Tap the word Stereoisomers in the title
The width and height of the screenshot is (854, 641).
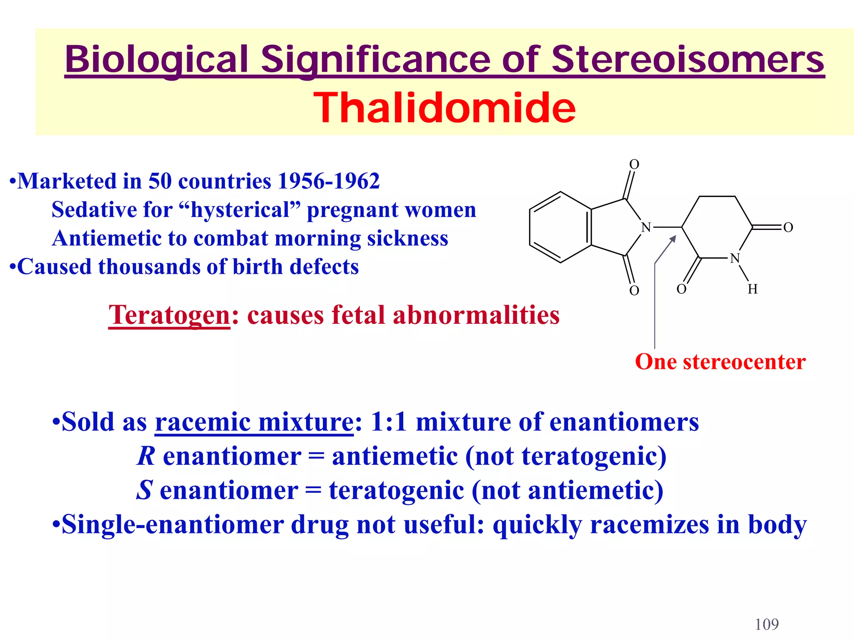pos(688,59)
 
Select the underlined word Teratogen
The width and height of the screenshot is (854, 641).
pos(169,315)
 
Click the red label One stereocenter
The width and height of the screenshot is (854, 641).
pos(720,362)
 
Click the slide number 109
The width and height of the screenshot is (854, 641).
pos(766,625)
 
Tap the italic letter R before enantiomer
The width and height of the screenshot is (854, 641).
pos(146,456)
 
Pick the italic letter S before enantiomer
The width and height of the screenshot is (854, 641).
pos(145,490)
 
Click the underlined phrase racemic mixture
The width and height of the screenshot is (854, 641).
pos(254,422)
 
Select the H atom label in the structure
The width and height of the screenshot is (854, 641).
pos(752,289)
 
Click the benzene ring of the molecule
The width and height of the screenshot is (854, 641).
pos(560,227)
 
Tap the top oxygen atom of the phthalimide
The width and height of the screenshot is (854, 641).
pos(634,164)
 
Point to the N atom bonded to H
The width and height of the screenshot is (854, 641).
pos(735,258)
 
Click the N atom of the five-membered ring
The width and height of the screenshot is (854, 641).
pos(646,227)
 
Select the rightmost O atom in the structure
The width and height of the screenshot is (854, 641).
pos(788,227)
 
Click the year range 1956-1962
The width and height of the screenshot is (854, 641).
pos(329,182)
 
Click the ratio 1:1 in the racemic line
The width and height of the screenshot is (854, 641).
pos(389,422)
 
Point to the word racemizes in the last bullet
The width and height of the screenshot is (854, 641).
pos(649,525)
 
